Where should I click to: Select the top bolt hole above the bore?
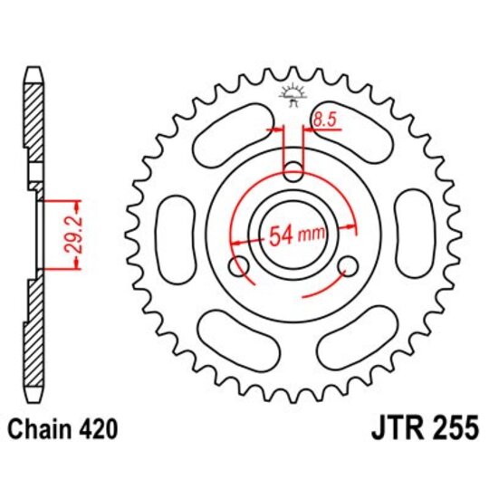pos(293,170)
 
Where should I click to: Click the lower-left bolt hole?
pos(239,267)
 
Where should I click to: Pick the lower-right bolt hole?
pos(348,267)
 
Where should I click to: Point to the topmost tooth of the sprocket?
pos(293,72)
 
